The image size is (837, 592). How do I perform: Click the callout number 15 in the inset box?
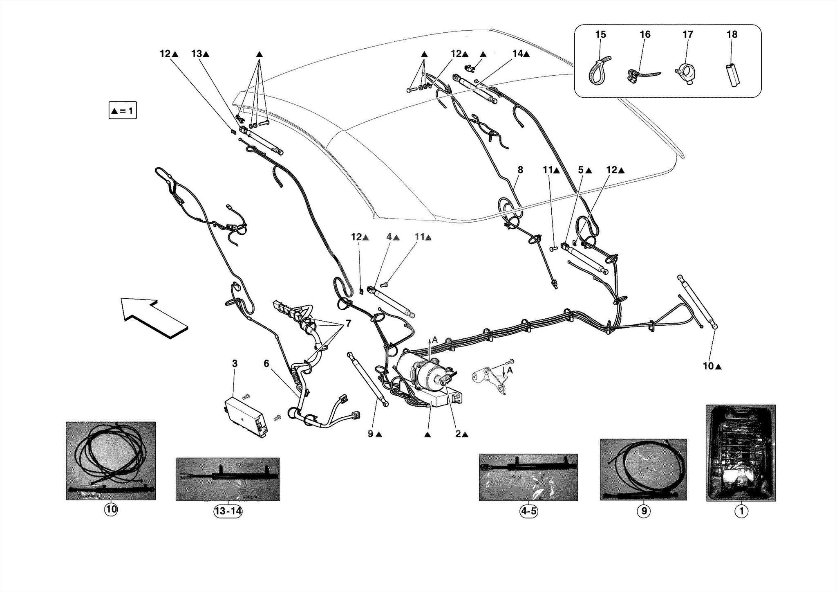600,35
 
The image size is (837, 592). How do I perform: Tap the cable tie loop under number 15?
597,71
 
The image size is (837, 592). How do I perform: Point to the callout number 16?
645,35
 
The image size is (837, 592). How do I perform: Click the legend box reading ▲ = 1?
123,110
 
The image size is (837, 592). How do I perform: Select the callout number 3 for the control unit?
235,363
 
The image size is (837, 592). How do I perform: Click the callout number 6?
266,363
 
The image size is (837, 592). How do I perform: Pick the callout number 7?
348,324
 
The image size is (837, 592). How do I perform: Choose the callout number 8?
520,170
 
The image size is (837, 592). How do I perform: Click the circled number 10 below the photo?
111,509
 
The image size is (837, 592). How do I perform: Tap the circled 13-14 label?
228,511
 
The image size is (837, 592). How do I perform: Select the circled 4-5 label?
528,511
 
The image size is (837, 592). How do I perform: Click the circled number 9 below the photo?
643,511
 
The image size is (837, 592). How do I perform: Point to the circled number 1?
741,511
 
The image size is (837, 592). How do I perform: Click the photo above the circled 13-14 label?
228,479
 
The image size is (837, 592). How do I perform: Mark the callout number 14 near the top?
517,54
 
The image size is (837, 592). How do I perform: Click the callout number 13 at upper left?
197,54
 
